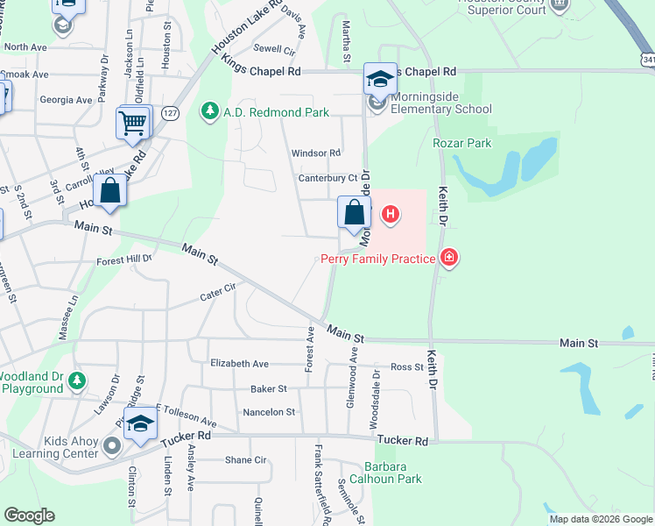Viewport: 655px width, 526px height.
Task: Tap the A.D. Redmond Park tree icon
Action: pyautogui.click(x=209, y=111)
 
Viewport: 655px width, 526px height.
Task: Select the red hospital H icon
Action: pyautogui.click(x=391, y=213)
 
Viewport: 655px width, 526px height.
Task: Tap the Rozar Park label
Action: pyautogui.click(x=462, y=143)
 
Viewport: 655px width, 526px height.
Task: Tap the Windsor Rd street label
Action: pyautogui.click(x=316, y=153)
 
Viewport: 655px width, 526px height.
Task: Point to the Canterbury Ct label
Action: pyautogui.click(x=328, y=178)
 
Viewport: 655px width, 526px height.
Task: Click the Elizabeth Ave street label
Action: pyautogui.click(x=239, y=363)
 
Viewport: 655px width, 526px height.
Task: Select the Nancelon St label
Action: pyautogui.click(x=269, y=411)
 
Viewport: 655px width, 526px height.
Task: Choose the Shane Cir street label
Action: pyautogui.click(x=245, y=459)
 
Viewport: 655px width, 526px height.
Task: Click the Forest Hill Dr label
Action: pyautogui.click(x=124, y=259)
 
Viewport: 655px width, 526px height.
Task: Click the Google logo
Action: pyautogui.click(x=29, y=515)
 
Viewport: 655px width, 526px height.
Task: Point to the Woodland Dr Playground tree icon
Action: pyautogui.click(x=78, y=380)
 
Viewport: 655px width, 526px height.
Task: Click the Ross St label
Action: pyautogui.click(x=406, y=367)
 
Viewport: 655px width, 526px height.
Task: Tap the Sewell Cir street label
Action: pyautogui.click(x=274, y=50)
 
